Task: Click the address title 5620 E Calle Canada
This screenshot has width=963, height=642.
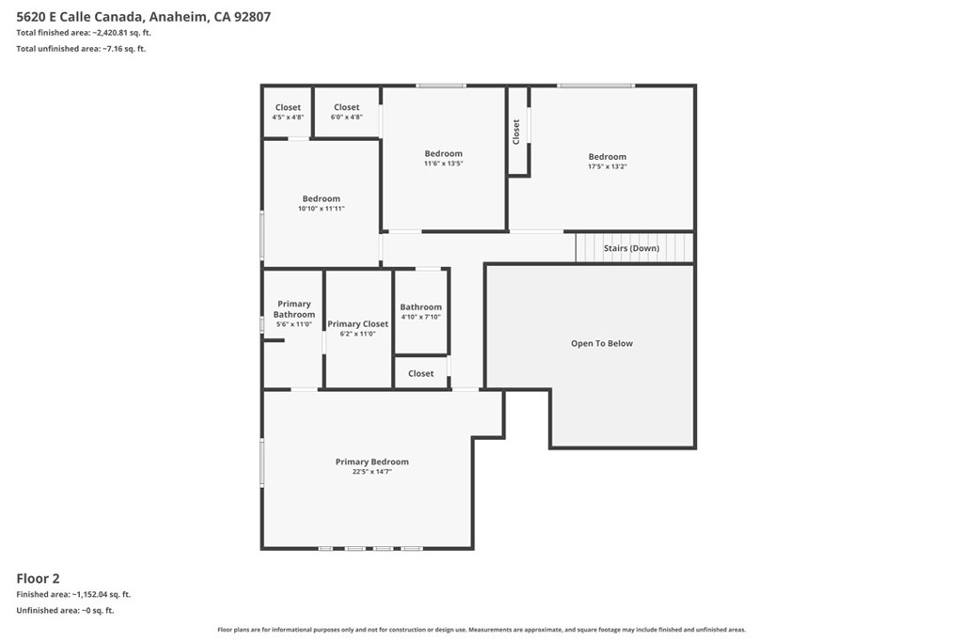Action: point(80,17)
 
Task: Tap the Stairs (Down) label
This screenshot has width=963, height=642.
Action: point(631,248)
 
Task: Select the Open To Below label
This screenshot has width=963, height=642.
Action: point(602,343)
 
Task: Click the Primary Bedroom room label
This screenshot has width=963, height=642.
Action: point(372,462)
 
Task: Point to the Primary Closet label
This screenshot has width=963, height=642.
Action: point(358,323)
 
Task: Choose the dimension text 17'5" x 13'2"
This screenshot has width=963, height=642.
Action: point(608,166)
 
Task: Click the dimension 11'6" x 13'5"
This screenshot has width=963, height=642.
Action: point(444,164)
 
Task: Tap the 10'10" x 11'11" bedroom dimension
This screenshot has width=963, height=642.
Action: point(322,209)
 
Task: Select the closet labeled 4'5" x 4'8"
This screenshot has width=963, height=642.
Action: point(288,112)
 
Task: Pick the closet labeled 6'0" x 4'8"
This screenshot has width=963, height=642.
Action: point(346,112)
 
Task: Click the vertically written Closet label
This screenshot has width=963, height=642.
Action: point(516,132)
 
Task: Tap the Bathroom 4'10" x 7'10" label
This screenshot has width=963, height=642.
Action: point(420,312)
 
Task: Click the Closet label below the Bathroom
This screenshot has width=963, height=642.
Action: point(420,373)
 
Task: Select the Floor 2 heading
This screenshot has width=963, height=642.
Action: point(38,578)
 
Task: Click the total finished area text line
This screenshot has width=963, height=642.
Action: point(84,33)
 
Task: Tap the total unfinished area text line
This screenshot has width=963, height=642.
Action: point(81,49)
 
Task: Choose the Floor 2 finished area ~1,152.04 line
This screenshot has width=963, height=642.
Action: point(73,594)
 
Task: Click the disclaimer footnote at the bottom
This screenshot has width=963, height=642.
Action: point(481,630)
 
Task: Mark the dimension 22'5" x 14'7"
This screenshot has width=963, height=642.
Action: point(372,472)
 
